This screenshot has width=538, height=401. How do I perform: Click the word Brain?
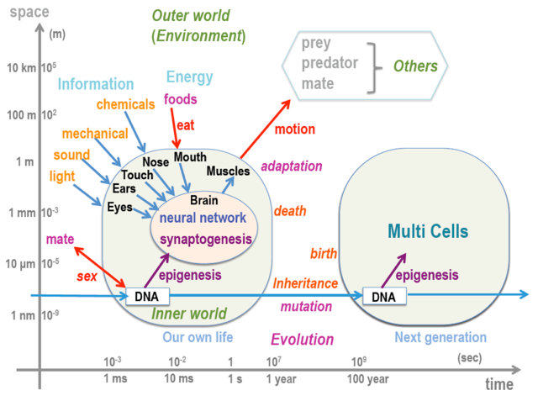pyautogui.click(x=204, y=200)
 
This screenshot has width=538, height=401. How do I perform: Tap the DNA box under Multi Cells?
pyautogui.click(x=384, y=297)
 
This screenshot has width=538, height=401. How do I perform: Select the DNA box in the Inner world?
pyautogui.click(x=147, y=297)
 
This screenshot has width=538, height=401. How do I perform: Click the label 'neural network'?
pyautogui.click(x=203, y=218)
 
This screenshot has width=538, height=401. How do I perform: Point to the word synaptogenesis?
pyautogui.click(x=206, y=239)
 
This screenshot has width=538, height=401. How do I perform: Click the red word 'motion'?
pyautogui.click(x=295, y=129)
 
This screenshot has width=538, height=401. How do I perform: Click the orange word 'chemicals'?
pyautogui.click(x=125, y=104)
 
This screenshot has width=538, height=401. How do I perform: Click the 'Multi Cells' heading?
pyautogui.click(x=428, y=230)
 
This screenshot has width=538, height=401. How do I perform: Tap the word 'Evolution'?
pyautogui.click(x=303, y=340)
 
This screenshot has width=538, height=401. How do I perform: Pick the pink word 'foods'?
pyautogui.click(x=180, y=99)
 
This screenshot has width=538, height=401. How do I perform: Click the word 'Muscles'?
pyautogui.click(x=228, y=171)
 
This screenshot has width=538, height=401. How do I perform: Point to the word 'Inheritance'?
pyautogui.click(x=305, y=284)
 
